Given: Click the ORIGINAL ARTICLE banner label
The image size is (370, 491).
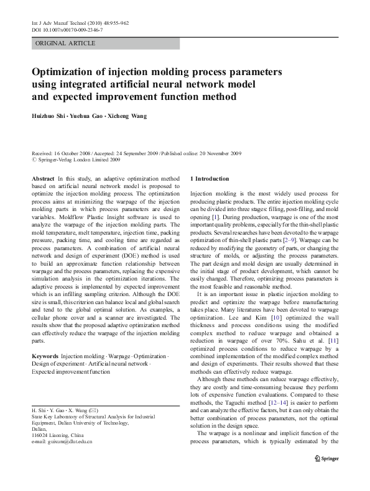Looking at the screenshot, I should pyautogui.click(x=65, y=43).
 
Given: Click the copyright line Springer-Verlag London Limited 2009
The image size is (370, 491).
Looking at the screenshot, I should pyautogui.click(x=78, y=159).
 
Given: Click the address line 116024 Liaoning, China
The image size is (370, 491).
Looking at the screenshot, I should pyautogui.click(x=58, y=435).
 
